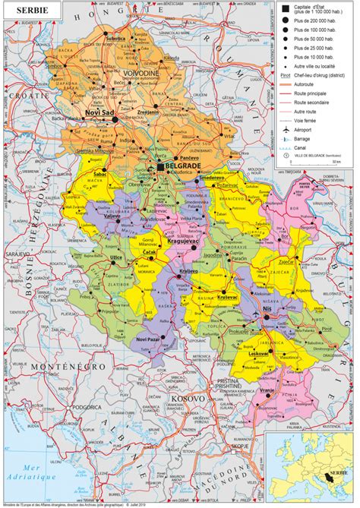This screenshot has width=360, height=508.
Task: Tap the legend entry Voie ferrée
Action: pos(306,120)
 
